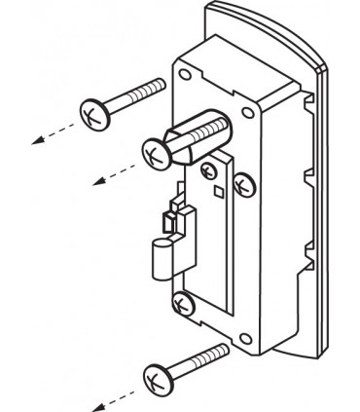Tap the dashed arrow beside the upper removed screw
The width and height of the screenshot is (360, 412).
pos(49,133)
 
